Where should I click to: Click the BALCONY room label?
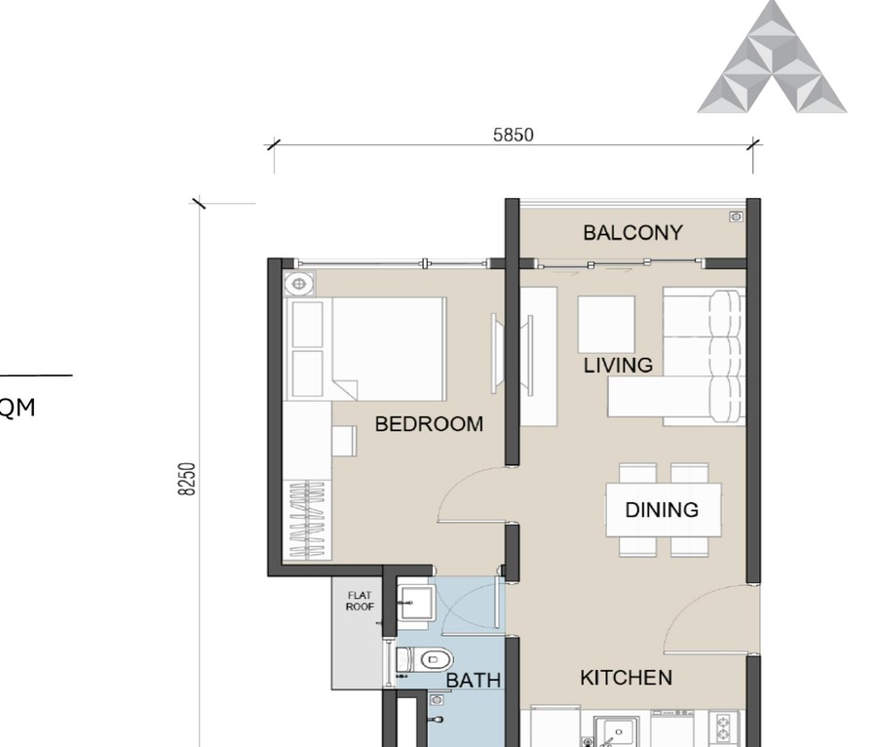(632, 233)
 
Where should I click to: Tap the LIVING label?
(618, 366)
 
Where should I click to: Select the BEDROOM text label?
(429, 424)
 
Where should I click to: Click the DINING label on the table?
(662, 510)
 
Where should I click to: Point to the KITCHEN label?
(626, 678)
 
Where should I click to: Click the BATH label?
(474, 680)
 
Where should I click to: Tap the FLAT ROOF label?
(360, 600)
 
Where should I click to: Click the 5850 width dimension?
(513, 136)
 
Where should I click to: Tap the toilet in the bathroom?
(424, 660)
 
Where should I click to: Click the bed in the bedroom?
(387, 347)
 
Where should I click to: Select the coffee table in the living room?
(605, 324)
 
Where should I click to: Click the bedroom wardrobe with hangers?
(308, 519)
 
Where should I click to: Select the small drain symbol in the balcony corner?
(736, 216)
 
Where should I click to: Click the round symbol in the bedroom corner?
(300, 285)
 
